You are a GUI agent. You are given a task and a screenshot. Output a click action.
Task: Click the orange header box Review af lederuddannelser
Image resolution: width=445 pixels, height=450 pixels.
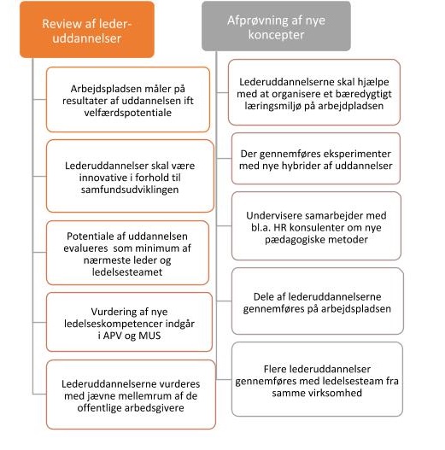(87, 30)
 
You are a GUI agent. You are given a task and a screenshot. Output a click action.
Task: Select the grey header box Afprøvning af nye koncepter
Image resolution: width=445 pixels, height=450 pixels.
(276, 26)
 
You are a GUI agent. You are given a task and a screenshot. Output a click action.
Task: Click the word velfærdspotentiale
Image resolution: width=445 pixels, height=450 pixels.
(128, 113)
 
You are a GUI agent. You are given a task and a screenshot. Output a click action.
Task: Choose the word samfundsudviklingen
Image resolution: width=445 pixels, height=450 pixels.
(130, 190)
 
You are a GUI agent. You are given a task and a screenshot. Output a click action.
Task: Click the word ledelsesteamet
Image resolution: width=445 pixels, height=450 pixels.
(127, 272)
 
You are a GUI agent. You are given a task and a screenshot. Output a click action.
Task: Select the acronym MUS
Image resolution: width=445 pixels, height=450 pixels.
(149, 336)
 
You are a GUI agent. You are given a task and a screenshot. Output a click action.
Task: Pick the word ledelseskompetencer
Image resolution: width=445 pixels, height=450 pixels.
(114, 324)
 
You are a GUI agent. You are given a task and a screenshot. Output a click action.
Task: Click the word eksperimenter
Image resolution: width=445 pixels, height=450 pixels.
(357, 154)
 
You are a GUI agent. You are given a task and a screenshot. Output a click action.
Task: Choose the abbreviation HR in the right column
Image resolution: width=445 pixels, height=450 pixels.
(280, 228)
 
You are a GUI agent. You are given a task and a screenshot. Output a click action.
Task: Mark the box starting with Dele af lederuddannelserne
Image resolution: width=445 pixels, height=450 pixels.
(318, 301)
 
